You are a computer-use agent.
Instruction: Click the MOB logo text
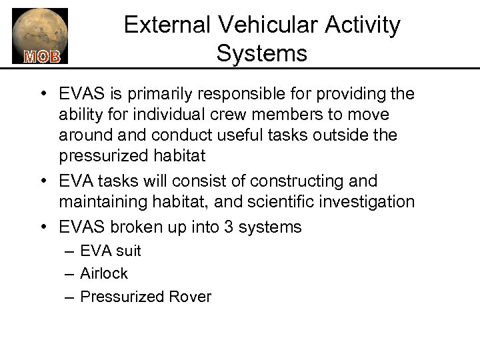42,56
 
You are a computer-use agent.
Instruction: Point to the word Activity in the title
362,25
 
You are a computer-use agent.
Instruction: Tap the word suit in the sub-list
129,251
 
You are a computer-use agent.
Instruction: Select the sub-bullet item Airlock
103,273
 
